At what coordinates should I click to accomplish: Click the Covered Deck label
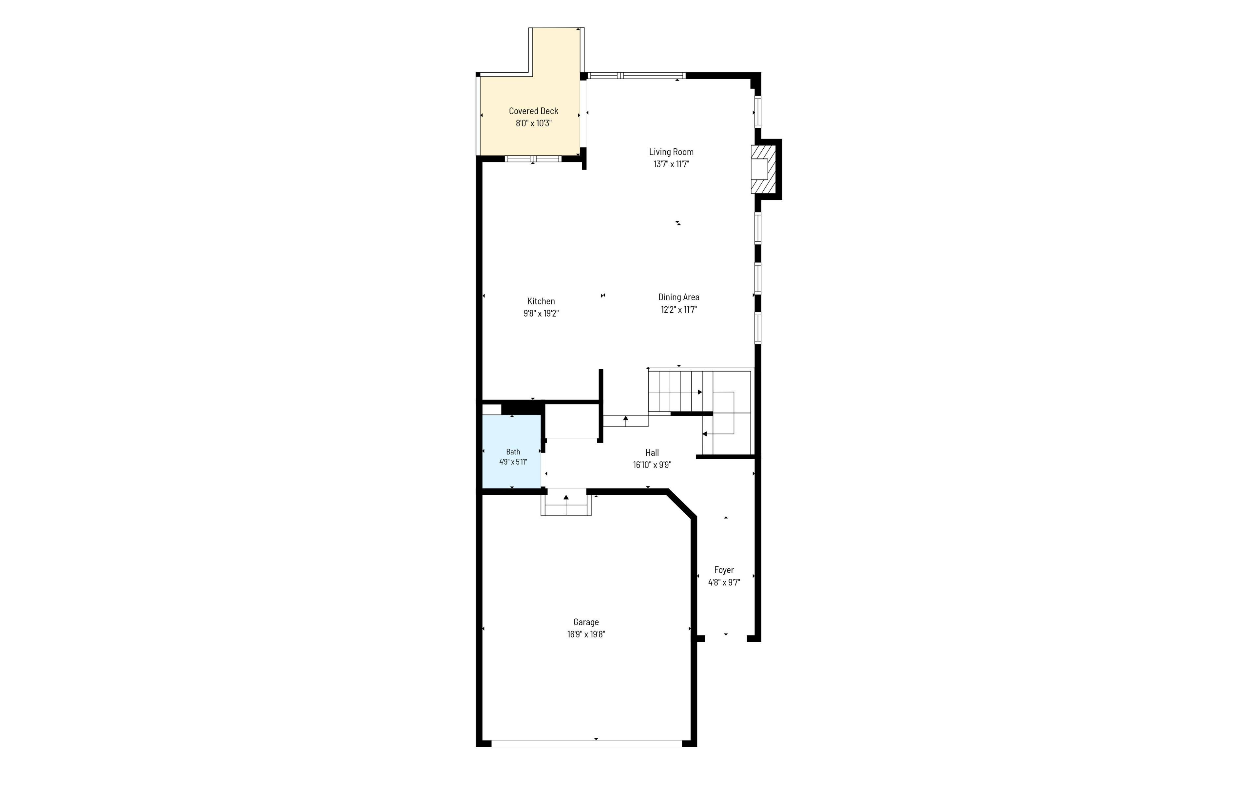pos(533,111)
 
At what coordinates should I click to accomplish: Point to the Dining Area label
pos(679,297)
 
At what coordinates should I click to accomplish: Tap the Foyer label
pos(724,570)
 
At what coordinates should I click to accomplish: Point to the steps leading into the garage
pos(566,503)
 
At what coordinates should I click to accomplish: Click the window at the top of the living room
pos(636,76)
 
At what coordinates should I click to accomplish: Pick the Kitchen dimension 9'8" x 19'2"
pos(541,314)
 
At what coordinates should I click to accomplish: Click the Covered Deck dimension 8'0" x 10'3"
pos(533,123)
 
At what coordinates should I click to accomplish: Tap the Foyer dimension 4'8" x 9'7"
pos(724,582)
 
